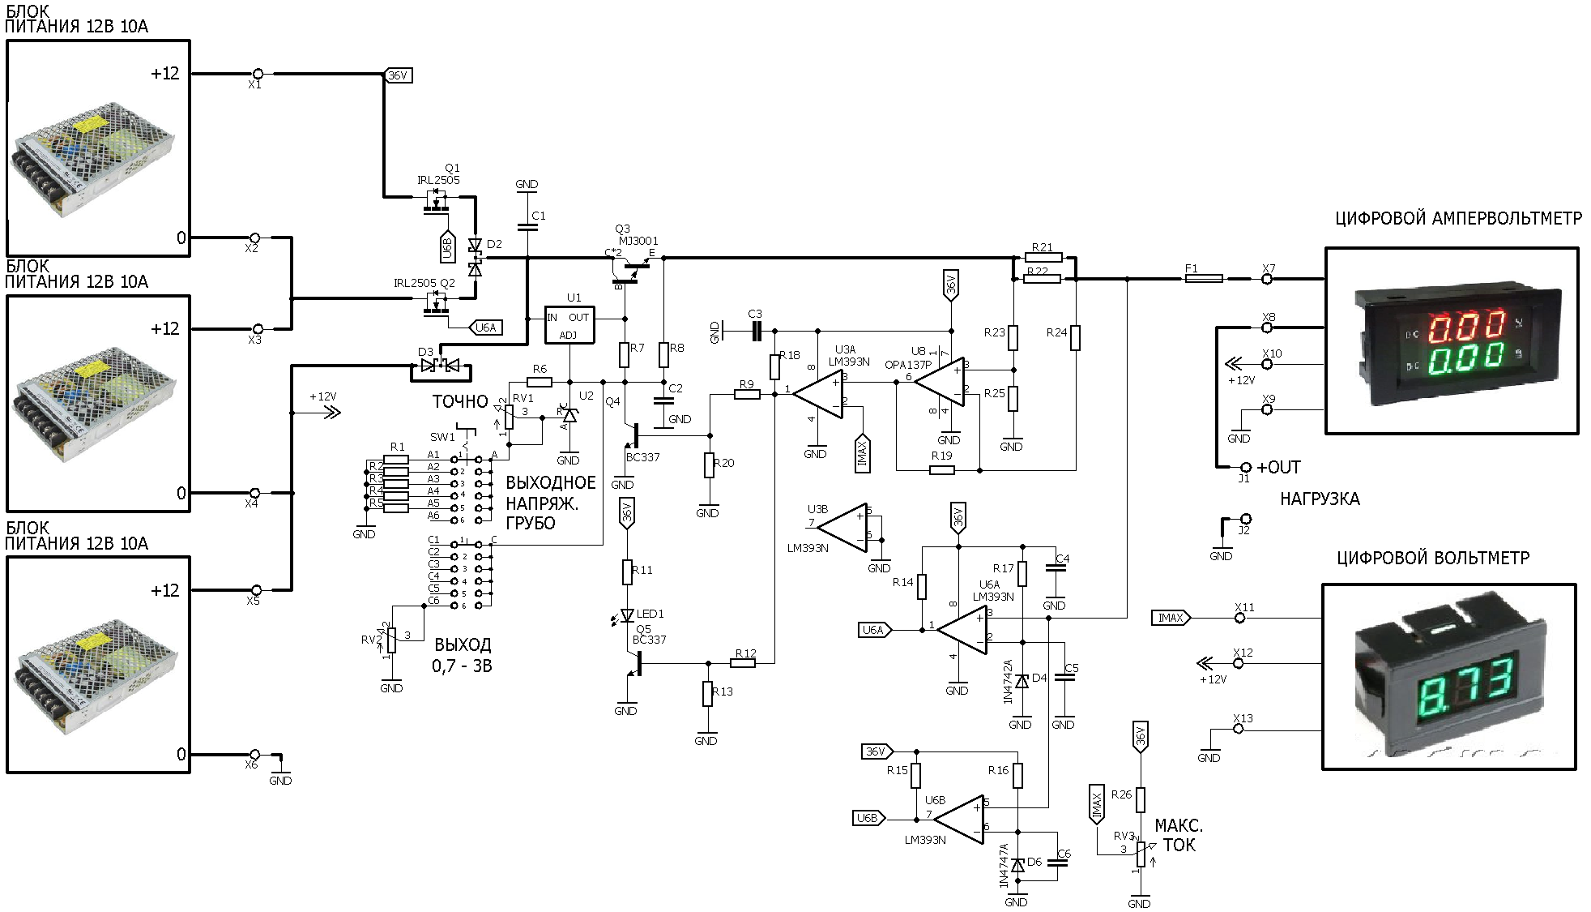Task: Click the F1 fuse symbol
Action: tap(1204, 279)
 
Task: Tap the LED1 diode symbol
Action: tap(627, 615)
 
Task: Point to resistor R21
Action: tap(1042, 259)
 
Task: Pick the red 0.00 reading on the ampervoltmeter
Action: tap(1467, 328)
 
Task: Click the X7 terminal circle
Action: tap(1268, 279)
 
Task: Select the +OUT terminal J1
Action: tap(1246, 468)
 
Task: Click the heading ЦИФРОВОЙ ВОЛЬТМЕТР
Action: tap(1433, 558)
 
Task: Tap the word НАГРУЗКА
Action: tap(1320, 499)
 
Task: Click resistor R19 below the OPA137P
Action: tap(941, 469)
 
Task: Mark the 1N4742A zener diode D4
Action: tap(1022, 682)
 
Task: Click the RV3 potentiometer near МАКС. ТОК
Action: tap(1141, 854)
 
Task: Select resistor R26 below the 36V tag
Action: tap(1141, 800)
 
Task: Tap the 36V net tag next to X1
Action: tap(398, 75)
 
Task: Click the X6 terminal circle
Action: tap(254, 755)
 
